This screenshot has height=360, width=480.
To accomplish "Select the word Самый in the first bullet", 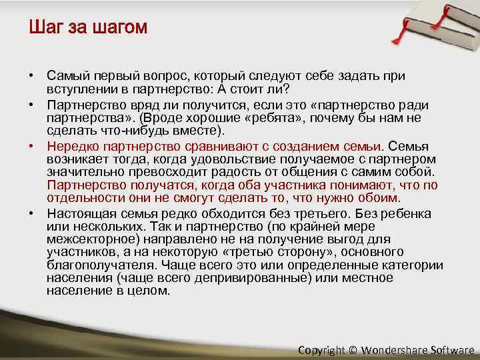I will pyautogui.click(x=66, y=77).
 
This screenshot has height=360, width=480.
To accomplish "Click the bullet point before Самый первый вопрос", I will pyautogui.click(x=32, y=77).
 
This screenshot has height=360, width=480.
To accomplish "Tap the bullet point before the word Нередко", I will pyautogui.click(x=32, y=146).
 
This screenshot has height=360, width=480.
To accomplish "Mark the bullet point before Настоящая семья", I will pyautogui.click(x=32, y=213).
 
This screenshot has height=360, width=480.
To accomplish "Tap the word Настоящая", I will pyautogui.click(x=77, y=213).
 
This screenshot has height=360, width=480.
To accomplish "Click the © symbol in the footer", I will pyautogui.click(x=352, y=350).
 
